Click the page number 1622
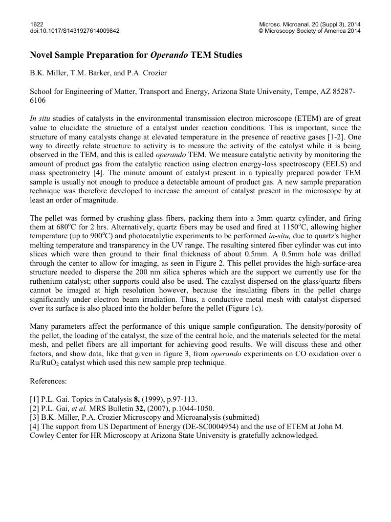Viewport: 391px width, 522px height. tap(37, 23)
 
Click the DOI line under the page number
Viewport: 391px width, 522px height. tap(75, 31)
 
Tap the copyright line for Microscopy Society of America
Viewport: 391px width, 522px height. tap(309, 31)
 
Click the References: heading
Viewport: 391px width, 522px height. tap(48, 381)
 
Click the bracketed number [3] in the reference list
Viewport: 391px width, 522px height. tap(35, 417)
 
